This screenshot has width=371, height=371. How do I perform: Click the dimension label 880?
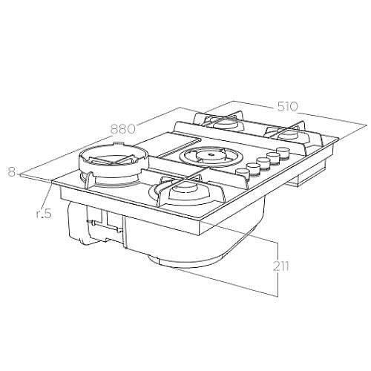(x=123, y=128)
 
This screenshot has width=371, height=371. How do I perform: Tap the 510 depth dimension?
(x=287, y=107)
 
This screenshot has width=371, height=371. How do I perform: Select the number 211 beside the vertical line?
(x=281, y=266)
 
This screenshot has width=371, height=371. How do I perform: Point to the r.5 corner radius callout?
(x=44, y=213)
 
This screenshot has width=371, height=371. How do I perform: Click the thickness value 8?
(x=12, y=171)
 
